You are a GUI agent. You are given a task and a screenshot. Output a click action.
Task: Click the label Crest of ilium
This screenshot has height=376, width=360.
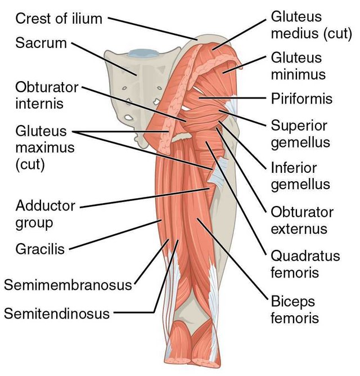pyautogui.click(x=58, y=19)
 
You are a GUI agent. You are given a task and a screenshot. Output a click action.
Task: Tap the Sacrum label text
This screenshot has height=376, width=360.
pyautogui.click(x=41, y=43)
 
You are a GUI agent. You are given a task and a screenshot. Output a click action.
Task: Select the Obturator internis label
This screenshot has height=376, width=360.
pyautogui.click(x=47, y=96)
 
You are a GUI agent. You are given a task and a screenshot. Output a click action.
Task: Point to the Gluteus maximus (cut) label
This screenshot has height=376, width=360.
pyautogui.click(x=45, y=147)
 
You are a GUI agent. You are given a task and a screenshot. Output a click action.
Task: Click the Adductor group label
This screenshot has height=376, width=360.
pyautogui.click(x=46, y=214)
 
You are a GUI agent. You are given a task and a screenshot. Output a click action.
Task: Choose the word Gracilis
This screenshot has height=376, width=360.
pyautogui.click(x=40, y=249)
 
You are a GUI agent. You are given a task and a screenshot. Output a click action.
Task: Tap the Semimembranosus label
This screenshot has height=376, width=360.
pyautogui.click(x=68, y=285)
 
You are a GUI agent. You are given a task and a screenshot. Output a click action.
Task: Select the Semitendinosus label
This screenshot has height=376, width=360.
pyautogui.click(x=57, y=314)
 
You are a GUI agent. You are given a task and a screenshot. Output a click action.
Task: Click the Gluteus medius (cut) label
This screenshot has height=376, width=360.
pyautogui.click(x=312, y=25)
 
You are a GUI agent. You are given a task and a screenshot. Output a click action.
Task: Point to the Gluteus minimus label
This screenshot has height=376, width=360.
pyautogui.click(x=298, y=66)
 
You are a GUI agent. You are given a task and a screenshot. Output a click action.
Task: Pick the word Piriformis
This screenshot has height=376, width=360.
pyautogui.click(x=301, y=99)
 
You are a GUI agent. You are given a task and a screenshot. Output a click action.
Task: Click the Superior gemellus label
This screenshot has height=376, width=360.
pyautogui.click(x=300, y=135)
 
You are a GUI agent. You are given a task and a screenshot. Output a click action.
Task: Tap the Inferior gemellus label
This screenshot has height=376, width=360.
pyautogui.click(x=300, y=176)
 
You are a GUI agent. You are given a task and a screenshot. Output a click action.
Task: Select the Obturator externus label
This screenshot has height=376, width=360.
pyautogui.click(x=302, y=221)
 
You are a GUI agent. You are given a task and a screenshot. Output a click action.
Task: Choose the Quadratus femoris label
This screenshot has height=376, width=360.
pyautogui.click(x=305, y=264)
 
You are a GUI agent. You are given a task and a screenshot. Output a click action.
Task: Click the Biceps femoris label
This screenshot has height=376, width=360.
pyautogui.click(x=295, y=310)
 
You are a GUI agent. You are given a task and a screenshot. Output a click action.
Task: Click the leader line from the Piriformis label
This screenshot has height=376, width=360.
pyautogui.click(x=232, y=98)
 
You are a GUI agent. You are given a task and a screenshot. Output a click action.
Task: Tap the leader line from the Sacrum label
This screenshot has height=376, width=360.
pyautogui.click(x=104, y=59)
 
